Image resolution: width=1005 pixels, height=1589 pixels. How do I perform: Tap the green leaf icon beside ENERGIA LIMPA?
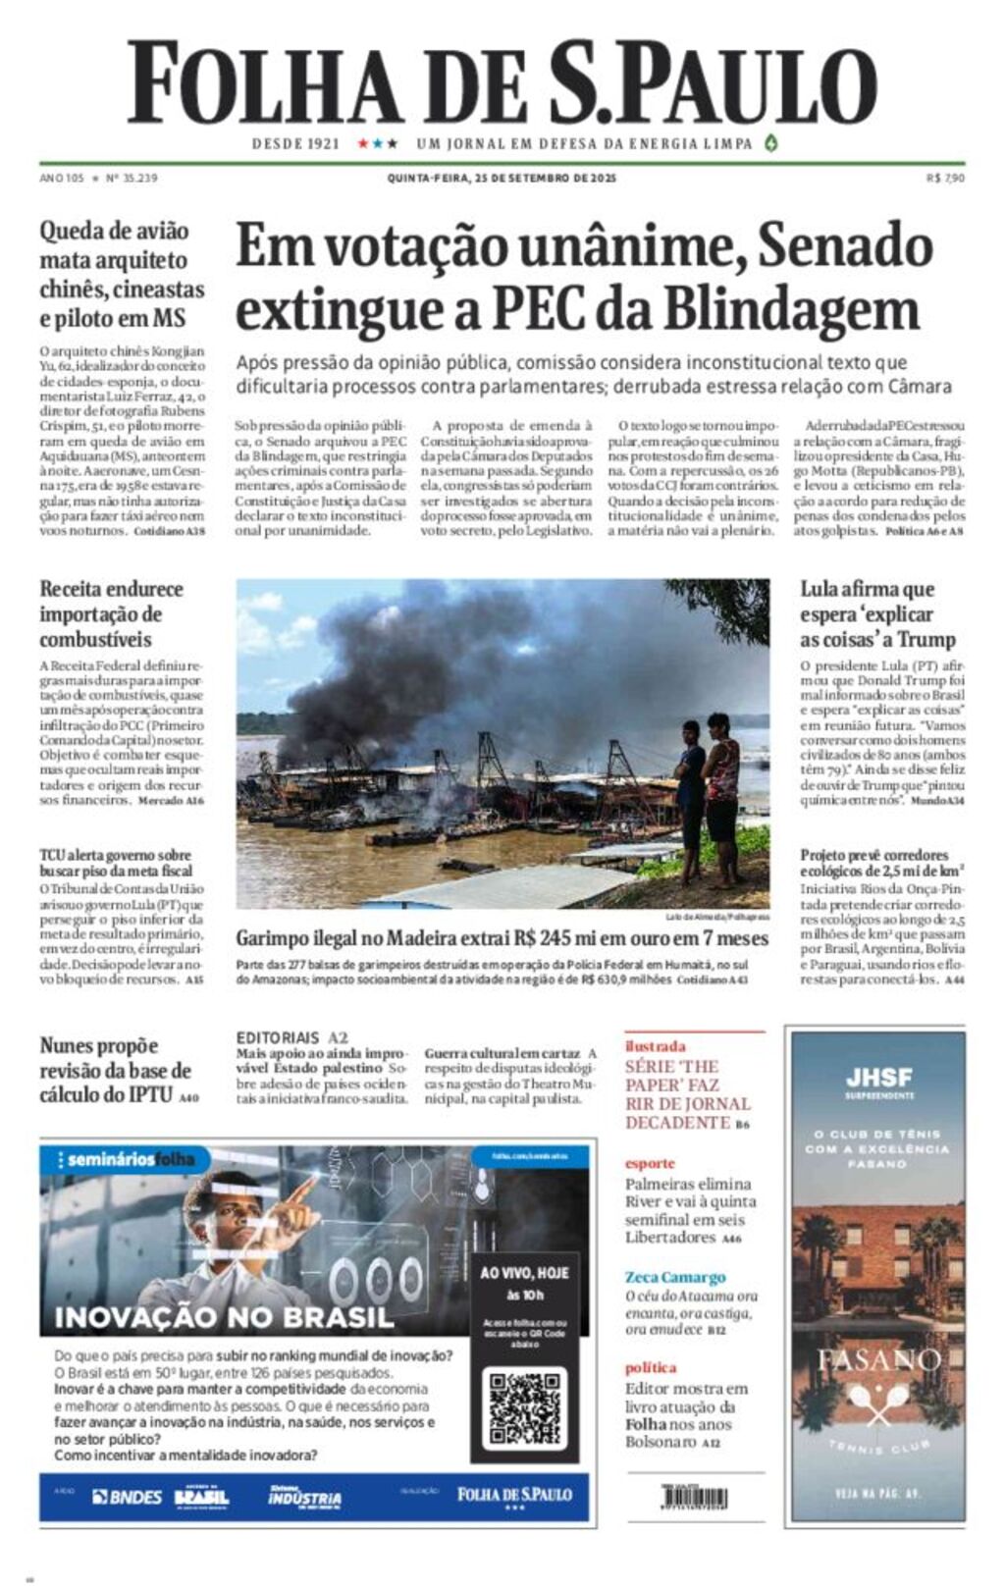[771, 142]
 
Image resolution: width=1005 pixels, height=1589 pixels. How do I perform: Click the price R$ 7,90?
[945, 179]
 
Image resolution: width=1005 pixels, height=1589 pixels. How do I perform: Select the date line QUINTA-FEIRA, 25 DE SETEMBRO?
[502, 179]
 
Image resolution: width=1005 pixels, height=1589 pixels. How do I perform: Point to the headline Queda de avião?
[114, 232]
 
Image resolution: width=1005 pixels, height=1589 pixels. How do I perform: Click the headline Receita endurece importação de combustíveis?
[111, 614]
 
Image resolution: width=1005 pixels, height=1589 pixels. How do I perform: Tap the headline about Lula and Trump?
[877, 614]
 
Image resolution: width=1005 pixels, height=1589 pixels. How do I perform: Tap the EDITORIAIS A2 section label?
[291, 1037]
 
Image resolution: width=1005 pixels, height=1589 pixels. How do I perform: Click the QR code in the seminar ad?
[525, 1408]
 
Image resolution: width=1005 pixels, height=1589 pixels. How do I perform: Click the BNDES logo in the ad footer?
[128, 1497]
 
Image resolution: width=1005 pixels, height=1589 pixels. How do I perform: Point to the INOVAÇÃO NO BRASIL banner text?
[224, 1317]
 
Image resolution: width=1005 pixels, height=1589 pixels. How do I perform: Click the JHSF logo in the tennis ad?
[879, 1078]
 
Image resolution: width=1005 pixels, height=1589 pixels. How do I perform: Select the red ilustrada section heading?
[656, 1046]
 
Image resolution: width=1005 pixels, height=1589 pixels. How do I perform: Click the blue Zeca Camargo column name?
[675, 1277]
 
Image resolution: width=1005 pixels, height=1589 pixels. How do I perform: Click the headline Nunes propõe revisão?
[115, 1070]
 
